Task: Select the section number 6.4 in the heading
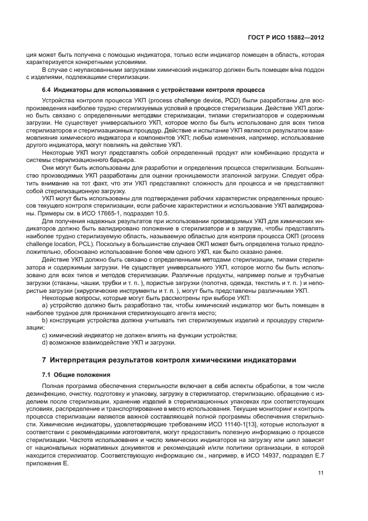(x=48, y=90)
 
